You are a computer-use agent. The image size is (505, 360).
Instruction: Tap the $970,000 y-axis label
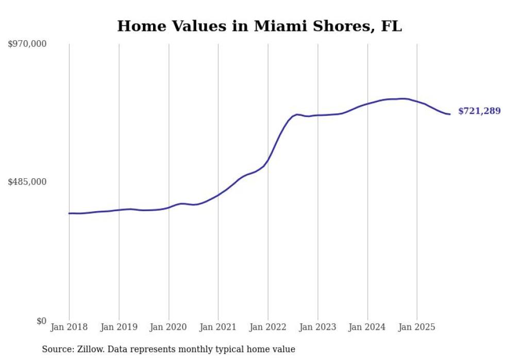coord(27,44)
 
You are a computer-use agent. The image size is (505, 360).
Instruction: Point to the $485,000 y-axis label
coord(27,182)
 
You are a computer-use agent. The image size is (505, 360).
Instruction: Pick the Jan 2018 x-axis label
coord(69,327)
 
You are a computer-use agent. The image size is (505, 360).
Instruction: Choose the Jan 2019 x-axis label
coord(119,327)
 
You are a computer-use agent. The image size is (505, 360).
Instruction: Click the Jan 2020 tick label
coord(169,327)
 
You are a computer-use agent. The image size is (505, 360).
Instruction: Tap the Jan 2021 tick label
coord(218,327)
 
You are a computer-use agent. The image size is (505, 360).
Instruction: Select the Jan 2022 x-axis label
coord(268,327)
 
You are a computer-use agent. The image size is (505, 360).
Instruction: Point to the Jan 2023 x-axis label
coord(317,327)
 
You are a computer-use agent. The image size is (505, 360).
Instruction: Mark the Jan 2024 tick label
coord(367,327)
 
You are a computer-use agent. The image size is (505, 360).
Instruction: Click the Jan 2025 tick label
coord(417,327)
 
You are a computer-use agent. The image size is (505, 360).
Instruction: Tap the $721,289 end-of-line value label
coord(479,111)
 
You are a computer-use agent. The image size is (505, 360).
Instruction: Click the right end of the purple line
coord(450,114)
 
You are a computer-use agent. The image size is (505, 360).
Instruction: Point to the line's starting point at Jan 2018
coord(70,213)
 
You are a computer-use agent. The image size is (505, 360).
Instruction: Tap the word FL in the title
coord(391,26)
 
